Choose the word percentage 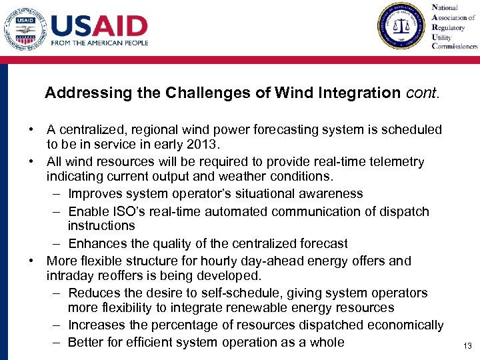pos(189,325)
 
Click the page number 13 pos(467,345)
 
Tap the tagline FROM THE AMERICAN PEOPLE pos(99,43)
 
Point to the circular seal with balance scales pos(401,27)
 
